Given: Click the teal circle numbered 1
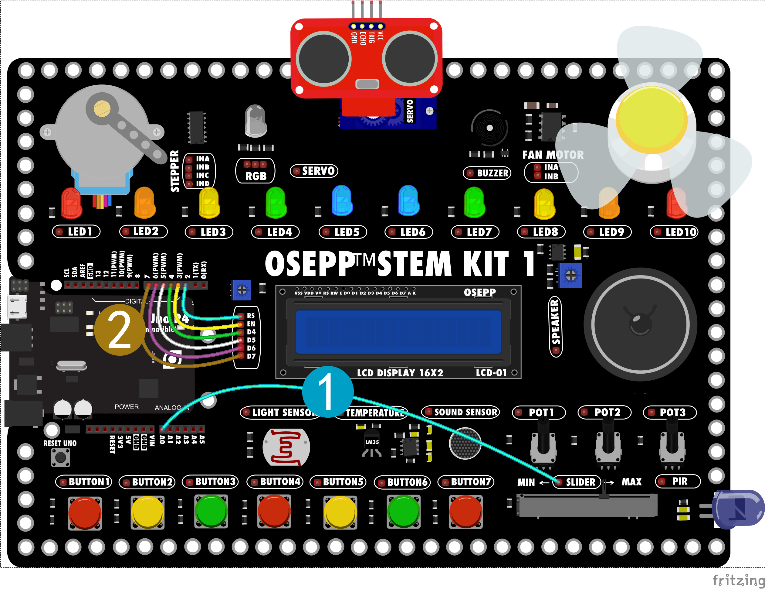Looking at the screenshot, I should pyautogui.click(x=327, y=392).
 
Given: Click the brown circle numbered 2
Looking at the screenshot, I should pyautogui.click(x=120, y=330).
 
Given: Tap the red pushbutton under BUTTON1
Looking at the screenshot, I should pyautogui.click(x=85, y=512).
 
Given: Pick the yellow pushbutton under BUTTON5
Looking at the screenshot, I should pyautogui.click(x=340, y=512).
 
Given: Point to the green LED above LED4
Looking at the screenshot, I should pyautogui.click(x=276, y=202).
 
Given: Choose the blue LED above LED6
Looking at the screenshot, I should pyautogui.click(x=408, y=200).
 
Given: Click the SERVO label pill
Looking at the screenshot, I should pyautogui.click(x=314, y=171).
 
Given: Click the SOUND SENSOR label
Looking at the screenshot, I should pyautogui.click(x=461, y=412).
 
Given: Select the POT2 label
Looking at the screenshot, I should pyautogui.click(x=604, y=412).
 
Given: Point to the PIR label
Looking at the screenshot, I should pyautogui.click(x=678, y=481).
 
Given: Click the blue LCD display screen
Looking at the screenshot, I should pyautogui.click(x=398, y=332).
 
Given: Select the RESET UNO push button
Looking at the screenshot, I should pyautogui.click(x=61, y=457).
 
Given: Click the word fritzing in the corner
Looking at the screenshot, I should pyautogui.click(x=738, y=580).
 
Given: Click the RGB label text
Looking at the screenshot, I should pyautogui.click(x=256, y=176).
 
